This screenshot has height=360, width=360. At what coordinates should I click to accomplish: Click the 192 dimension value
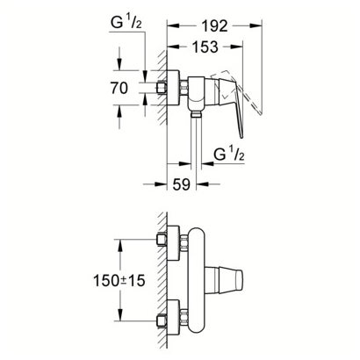click(214, 26)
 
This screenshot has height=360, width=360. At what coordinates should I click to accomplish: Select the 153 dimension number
click(205, 47)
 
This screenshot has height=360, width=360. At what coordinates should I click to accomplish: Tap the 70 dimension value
click(119, 88)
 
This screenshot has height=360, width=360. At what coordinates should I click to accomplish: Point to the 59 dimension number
click(182, 184)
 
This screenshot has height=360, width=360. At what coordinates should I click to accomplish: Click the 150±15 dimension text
click(119, 280)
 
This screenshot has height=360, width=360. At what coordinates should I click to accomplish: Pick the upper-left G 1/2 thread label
click(126, 23)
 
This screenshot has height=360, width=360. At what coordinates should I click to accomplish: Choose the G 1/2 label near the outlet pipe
click(229, 154)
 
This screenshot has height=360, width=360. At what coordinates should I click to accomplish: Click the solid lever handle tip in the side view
click(241, 135)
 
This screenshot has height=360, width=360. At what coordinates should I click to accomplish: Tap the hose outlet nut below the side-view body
click(196, 114)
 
